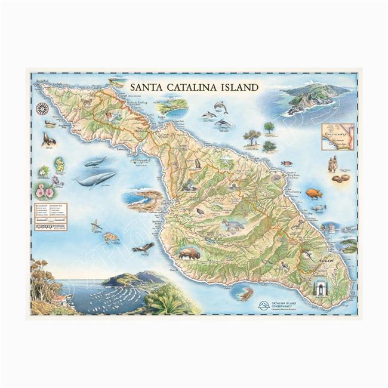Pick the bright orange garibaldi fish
click(x=313, y=193)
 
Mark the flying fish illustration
click(x=96, y=225)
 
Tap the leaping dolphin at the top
click(x=221, y=107)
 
